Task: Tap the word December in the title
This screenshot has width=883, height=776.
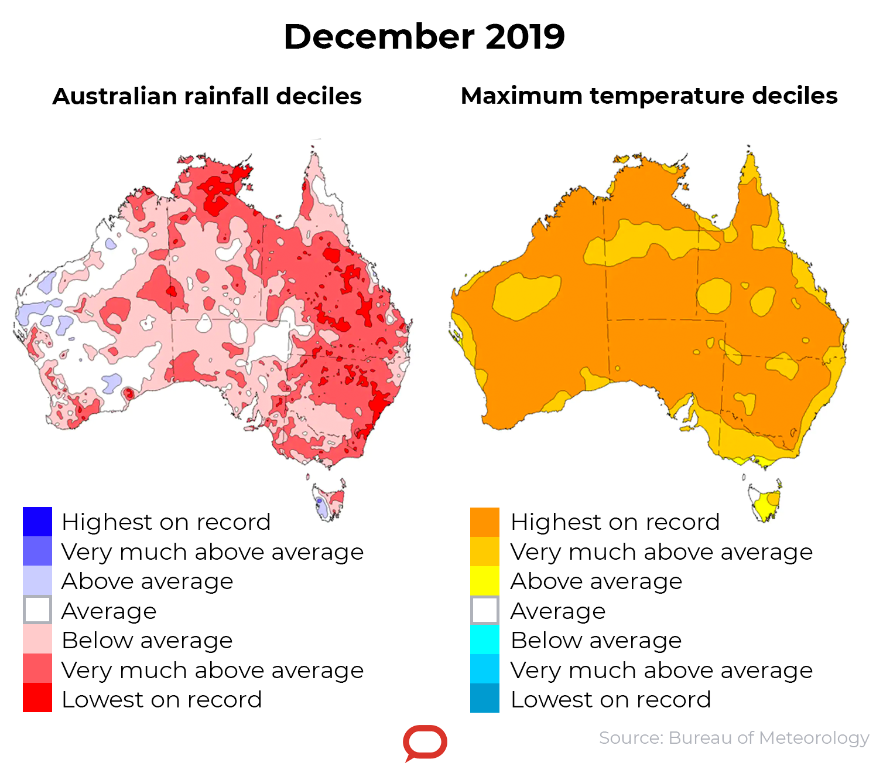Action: (379, 36)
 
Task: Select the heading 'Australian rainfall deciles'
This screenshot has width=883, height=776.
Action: (207, 96)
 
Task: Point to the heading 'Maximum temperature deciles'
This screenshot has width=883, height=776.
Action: (649, 96)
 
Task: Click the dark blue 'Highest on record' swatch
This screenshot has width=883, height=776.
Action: (37, 522)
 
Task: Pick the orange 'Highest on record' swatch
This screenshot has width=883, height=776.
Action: (485, 522)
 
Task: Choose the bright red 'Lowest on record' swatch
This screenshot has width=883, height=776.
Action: (37, 698)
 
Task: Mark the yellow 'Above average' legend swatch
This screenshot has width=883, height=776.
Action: (485, 581)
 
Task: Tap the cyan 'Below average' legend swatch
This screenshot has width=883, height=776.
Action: (485, 639)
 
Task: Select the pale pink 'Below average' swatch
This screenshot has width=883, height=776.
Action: (37, 639)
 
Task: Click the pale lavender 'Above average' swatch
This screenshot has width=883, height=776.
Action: (37, 581)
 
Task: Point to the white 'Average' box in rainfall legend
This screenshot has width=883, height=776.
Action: (37, 610)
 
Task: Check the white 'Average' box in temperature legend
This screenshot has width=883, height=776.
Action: (485, 610)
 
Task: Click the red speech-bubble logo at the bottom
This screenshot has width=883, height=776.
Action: (425, 743)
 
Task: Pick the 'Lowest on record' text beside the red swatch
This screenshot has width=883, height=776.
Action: (162, 699)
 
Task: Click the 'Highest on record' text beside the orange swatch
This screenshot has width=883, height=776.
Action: (615, 522)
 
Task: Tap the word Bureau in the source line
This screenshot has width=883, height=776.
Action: (700, 737)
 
